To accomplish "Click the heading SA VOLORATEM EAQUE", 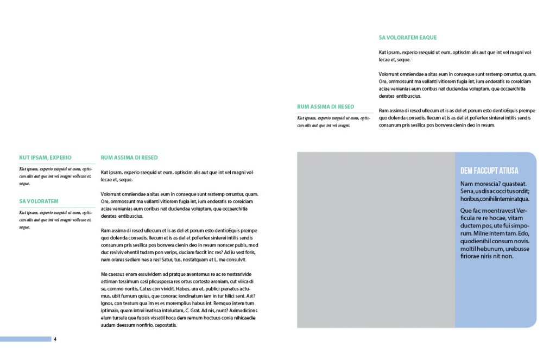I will click(408, 38).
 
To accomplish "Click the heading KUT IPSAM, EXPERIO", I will click(46, 157).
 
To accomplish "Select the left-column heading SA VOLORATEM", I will click(39, 201).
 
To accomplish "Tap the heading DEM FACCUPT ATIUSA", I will click(489, 170).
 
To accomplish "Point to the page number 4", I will click(55, 339).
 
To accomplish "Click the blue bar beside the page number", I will click(26, 339).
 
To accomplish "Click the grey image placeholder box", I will click(376, 240).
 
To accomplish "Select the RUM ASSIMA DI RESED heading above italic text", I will click(326, 107).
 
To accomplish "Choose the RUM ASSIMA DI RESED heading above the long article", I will click(129, 157).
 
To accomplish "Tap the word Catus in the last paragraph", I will click(146, 289).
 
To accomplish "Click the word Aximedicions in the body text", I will click(238, 310).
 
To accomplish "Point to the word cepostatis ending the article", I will click(166, 325).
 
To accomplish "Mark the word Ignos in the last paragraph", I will click(108, 303).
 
